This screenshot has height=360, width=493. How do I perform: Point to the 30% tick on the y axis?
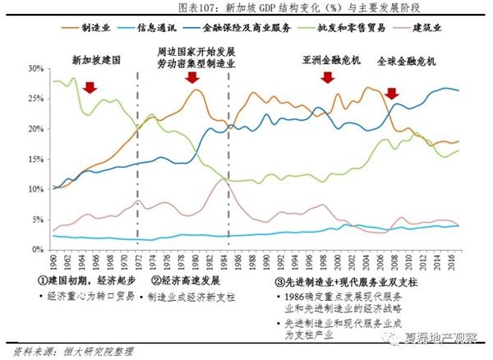click(37, 69)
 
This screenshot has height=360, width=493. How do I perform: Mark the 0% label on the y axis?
click(39, 248)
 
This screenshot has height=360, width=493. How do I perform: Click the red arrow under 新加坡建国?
click(90, 86)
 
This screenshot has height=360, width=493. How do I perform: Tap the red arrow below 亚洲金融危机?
click(327, 78)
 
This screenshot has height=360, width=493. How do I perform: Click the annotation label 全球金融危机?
click(406, 61)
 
